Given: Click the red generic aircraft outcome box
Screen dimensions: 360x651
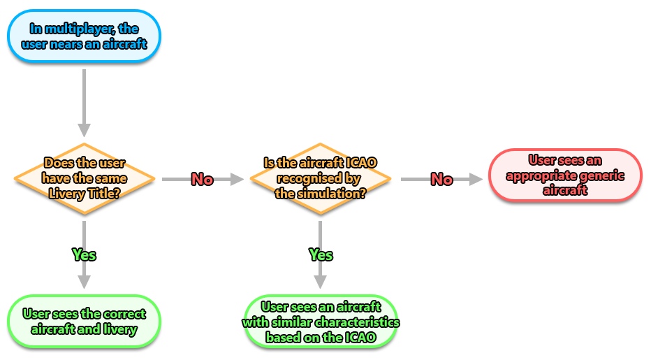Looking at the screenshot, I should pyautogui.click(x=564, y=175).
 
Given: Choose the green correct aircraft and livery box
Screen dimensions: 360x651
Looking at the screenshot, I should pyautogui.click(x=84, y=322).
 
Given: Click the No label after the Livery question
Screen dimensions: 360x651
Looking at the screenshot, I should pyautogui.click(x=202, y=180).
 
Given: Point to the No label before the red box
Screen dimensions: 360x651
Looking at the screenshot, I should pyautogui.click(x=441, y=180).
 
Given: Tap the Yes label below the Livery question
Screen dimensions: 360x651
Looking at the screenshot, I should pyautogui.click(x=84, y=255).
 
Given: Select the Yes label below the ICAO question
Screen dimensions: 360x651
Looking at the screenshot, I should pyautogui.click(x=321, y=255).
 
